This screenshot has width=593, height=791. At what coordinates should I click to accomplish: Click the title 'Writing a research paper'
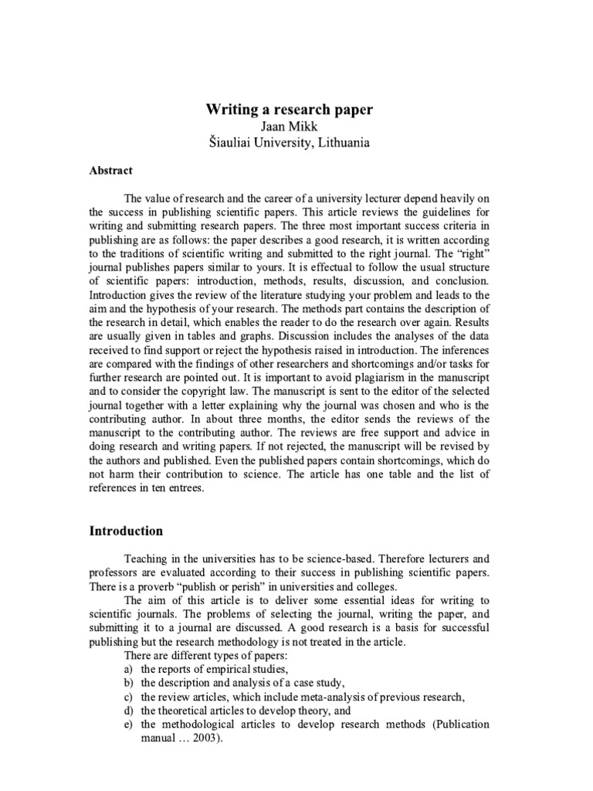click(x=289, y=110)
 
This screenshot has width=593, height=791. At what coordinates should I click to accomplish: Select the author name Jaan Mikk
click(x=289, y=127)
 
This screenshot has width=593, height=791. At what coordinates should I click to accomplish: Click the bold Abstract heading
click(x=111, y=171)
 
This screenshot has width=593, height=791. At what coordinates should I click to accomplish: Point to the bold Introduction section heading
click(x=126, y=531)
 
